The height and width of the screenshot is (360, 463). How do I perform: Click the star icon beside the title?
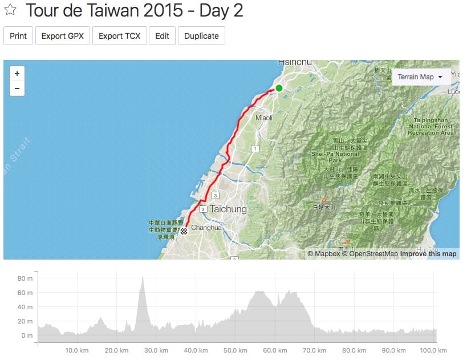tap(10, 10)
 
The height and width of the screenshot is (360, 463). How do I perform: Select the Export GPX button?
tap(63, 35)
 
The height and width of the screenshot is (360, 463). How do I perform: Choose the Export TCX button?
tap(120, 35)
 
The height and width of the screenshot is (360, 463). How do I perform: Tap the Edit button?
tap(162, 35)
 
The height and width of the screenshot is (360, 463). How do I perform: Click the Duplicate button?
tap(201, 35)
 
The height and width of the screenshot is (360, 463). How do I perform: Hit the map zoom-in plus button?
tap(17, 74)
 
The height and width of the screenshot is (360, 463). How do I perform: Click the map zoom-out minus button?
tap(17, 88)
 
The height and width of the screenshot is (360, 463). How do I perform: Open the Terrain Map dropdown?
tap(421, 76)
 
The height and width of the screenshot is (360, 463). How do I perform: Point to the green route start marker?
tap(279, 88)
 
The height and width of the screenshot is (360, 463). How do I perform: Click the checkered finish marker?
tap(184, 232)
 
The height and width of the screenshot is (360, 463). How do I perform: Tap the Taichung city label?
tap(228, 209)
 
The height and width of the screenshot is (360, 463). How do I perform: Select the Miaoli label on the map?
tap(264, 118)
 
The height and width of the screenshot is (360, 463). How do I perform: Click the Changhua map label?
tap(206, 227)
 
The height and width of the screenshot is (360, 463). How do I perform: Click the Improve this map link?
tap(428, 254)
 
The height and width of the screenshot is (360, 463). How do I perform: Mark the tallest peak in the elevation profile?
tap(142, 277)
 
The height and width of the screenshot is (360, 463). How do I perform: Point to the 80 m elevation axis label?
tap(25, 278)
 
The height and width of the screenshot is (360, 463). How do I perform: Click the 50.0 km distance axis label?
tap(235, 350)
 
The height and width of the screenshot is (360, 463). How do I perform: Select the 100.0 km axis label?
tap(436, 350)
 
